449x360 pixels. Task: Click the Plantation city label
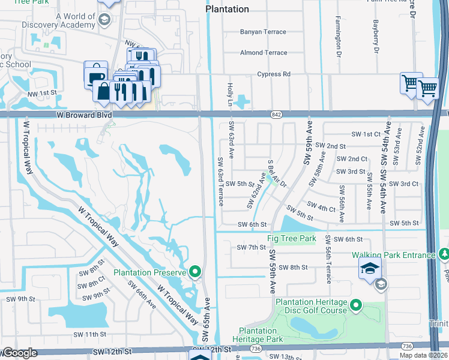tap(227, 9)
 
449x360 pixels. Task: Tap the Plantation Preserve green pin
tap(194, 272)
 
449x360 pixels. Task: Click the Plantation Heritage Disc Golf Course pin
tap(355, 307)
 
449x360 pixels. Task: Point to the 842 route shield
tap(276, 114)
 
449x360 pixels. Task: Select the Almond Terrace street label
tap(264, 53)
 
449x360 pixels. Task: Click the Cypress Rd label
tap(273, 74)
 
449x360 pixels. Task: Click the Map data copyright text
tap(423, 355)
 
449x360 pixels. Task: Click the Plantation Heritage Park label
tap(265, 335)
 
